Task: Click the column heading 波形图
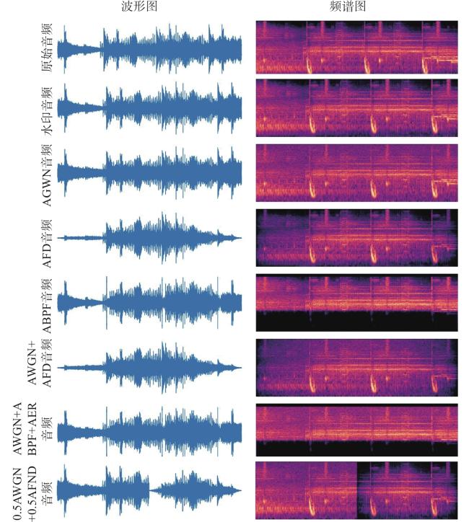coord(139,6)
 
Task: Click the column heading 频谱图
coord(348,6)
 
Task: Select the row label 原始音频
coord(47,47)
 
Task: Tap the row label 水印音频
coord(47,111)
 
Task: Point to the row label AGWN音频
coord(47,175)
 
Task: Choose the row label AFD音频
coord(47,244)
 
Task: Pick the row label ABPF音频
coord(47,306)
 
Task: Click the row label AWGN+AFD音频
coord(39,363)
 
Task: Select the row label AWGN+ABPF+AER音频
coord(32,428)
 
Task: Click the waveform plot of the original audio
coord(149,48)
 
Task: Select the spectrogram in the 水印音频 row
coord(356,108)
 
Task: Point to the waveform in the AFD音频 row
coord(149,238)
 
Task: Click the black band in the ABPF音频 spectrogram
coord(356,322)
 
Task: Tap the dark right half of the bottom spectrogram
coord(408,491)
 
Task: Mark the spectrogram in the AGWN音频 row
coord(356,173)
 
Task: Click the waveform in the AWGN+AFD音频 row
coord(149,368)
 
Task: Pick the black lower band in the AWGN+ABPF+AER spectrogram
coord(356,448)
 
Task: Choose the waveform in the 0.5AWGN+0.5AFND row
coord(149,491)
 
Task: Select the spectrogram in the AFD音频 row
coord(356,238)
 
